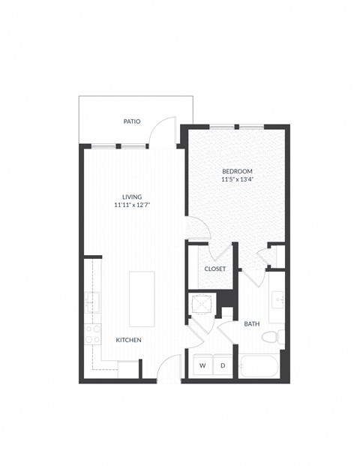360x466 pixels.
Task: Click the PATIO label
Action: point(133,121)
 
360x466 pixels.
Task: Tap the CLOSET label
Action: point(215,269)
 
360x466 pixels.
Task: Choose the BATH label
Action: point(252,324)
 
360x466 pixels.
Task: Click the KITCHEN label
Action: point(128,340)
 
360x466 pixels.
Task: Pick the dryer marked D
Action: point(223,365)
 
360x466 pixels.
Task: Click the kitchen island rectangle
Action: point(142,298)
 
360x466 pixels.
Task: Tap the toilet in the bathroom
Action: point(271,337)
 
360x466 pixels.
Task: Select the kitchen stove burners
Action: point(93,334)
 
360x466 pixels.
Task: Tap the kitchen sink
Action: point(92,302)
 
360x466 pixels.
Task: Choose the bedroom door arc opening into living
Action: point(196,227)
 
